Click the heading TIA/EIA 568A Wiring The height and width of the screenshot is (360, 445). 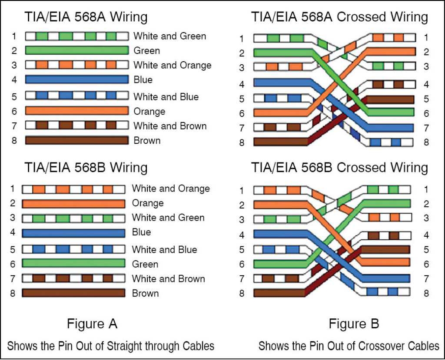(86, 17)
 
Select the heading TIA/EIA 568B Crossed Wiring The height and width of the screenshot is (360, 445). (339, 168)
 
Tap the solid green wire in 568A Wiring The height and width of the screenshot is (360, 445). (76, 50)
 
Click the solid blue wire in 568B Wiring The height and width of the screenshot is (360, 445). (73, 233)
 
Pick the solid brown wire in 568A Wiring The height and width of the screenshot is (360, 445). (76, 140)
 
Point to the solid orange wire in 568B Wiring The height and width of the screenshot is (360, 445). (73, 203)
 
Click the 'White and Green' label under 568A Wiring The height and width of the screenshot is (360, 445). (169, 36)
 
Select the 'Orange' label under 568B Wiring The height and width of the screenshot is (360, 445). (148, 203)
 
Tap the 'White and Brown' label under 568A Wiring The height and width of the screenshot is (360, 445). (170, 126)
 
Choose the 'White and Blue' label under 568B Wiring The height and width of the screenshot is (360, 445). (164, 250)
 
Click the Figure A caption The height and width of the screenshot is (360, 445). (92, 324)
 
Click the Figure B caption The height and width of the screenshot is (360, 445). (354, 324)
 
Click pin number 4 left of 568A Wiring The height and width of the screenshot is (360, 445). (14, 79)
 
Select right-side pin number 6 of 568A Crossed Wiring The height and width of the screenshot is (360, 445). (426, 113)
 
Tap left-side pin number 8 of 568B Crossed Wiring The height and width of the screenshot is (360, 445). (242, 293)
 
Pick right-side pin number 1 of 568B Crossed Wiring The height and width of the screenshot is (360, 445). (426, 189)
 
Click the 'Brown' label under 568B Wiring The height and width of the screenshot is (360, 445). (145, 293)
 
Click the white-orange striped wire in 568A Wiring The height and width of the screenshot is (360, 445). (76, 65)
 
